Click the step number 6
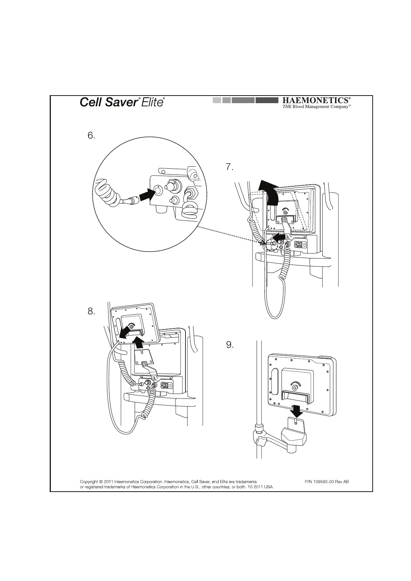pyautogui.click(x=91, y=136)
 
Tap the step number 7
pyautogui.click(x=230, y=168)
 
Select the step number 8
pyautogui.click(x=91, y=312)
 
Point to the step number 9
pyautogui.click(x=230, y=345)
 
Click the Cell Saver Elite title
pyautogui.click(x=122, y=102)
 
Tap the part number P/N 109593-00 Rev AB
pyautogui.click(x=327, y=482)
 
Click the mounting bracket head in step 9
pyautogui.click(x=294, y=436)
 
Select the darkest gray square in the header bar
pyautogui.click(x=267, y=100)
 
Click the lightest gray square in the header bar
pyautogui.click(x=217, y=100)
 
